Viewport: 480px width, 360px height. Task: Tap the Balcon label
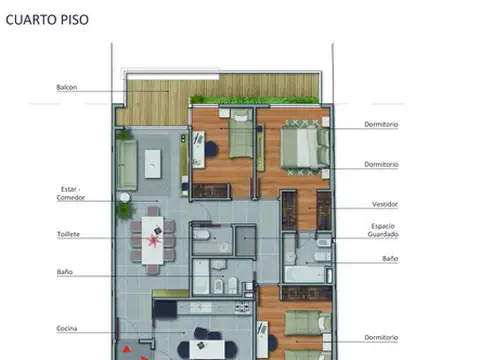tap(67, 87)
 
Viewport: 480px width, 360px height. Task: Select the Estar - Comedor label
tap(71, 192)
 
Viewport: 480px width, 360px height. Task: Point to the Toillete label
tap(69, 234)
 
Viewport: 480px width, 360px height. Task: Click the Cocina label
tap(69, 328)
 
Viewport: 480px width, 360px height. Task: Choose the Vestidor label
tap(385, 204)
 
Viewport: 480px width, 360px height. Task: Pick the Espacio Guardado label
tap(384, 230)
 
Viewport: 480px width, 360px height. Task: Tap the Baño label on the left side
tap(65, 271)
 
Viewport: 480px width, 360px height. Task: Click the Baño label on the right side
tap(389, 258)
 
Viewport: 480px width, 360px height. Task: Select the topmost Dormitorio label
tap(381, 125)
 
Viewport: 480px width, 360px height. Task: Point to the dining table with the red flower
tap(153, 238)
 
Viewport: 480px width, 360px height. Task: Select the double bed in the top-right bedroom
tap(300, 146)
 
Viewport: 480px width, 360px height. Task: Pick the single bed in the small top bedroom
tap(240, 141)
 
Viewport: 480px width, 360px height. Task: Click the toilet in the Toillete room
tap(199, 237)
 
